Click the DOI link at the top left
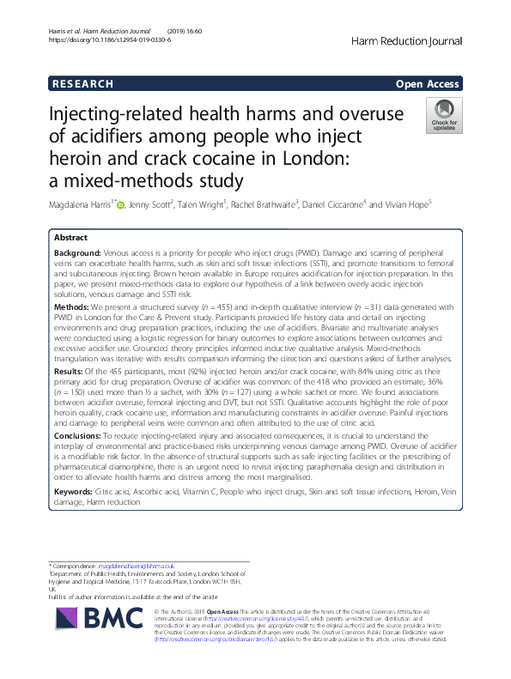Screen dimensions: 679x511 pyautogui.click(x=102, y=39)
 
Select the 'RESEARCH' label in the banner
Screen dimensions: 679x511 pyautogui.click(x=82, y=83)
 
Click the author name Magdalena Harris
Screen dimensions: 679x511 pyautogui.click(x=84, y=206)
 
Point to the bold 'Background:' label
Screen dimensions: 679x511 pyautogui.click(x=77, y=255)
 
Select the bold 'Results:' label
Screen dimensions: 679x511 pyautogui.click(x=70, y=370)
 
